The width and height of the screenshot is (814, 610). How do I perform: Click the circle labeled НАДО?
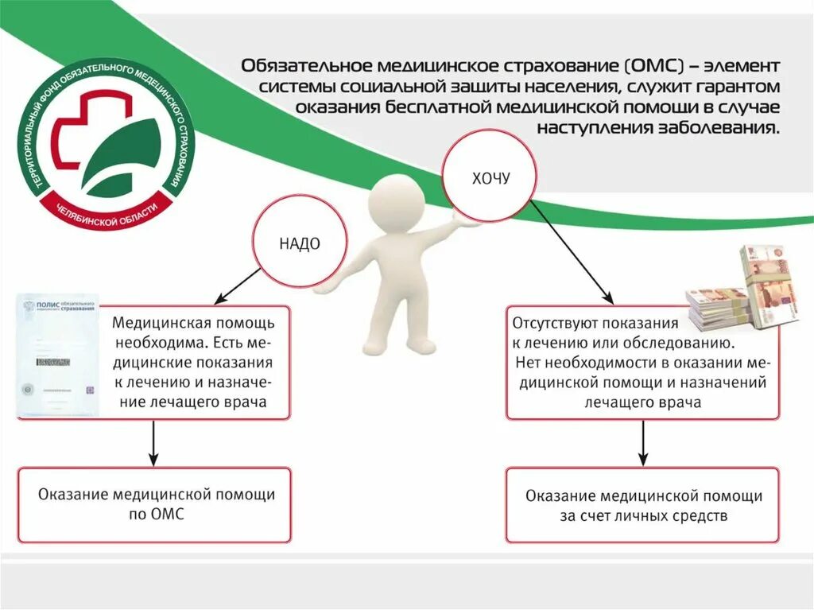coord(300,243)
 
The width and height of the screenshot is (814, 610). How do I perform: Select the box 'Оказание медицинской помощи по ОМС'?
coord(155,505)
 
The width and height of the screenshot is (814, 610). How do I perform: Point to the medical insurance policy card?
coord(57,356)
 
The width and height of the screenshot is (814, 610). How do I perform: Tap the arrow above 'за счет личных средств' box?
coord(642,443)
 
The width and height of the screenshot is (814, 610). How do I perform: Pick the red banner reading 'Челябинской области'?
coord(108,208)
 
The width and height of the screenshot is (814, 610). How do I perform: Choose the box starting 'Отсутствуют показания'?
coord(642,363)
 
